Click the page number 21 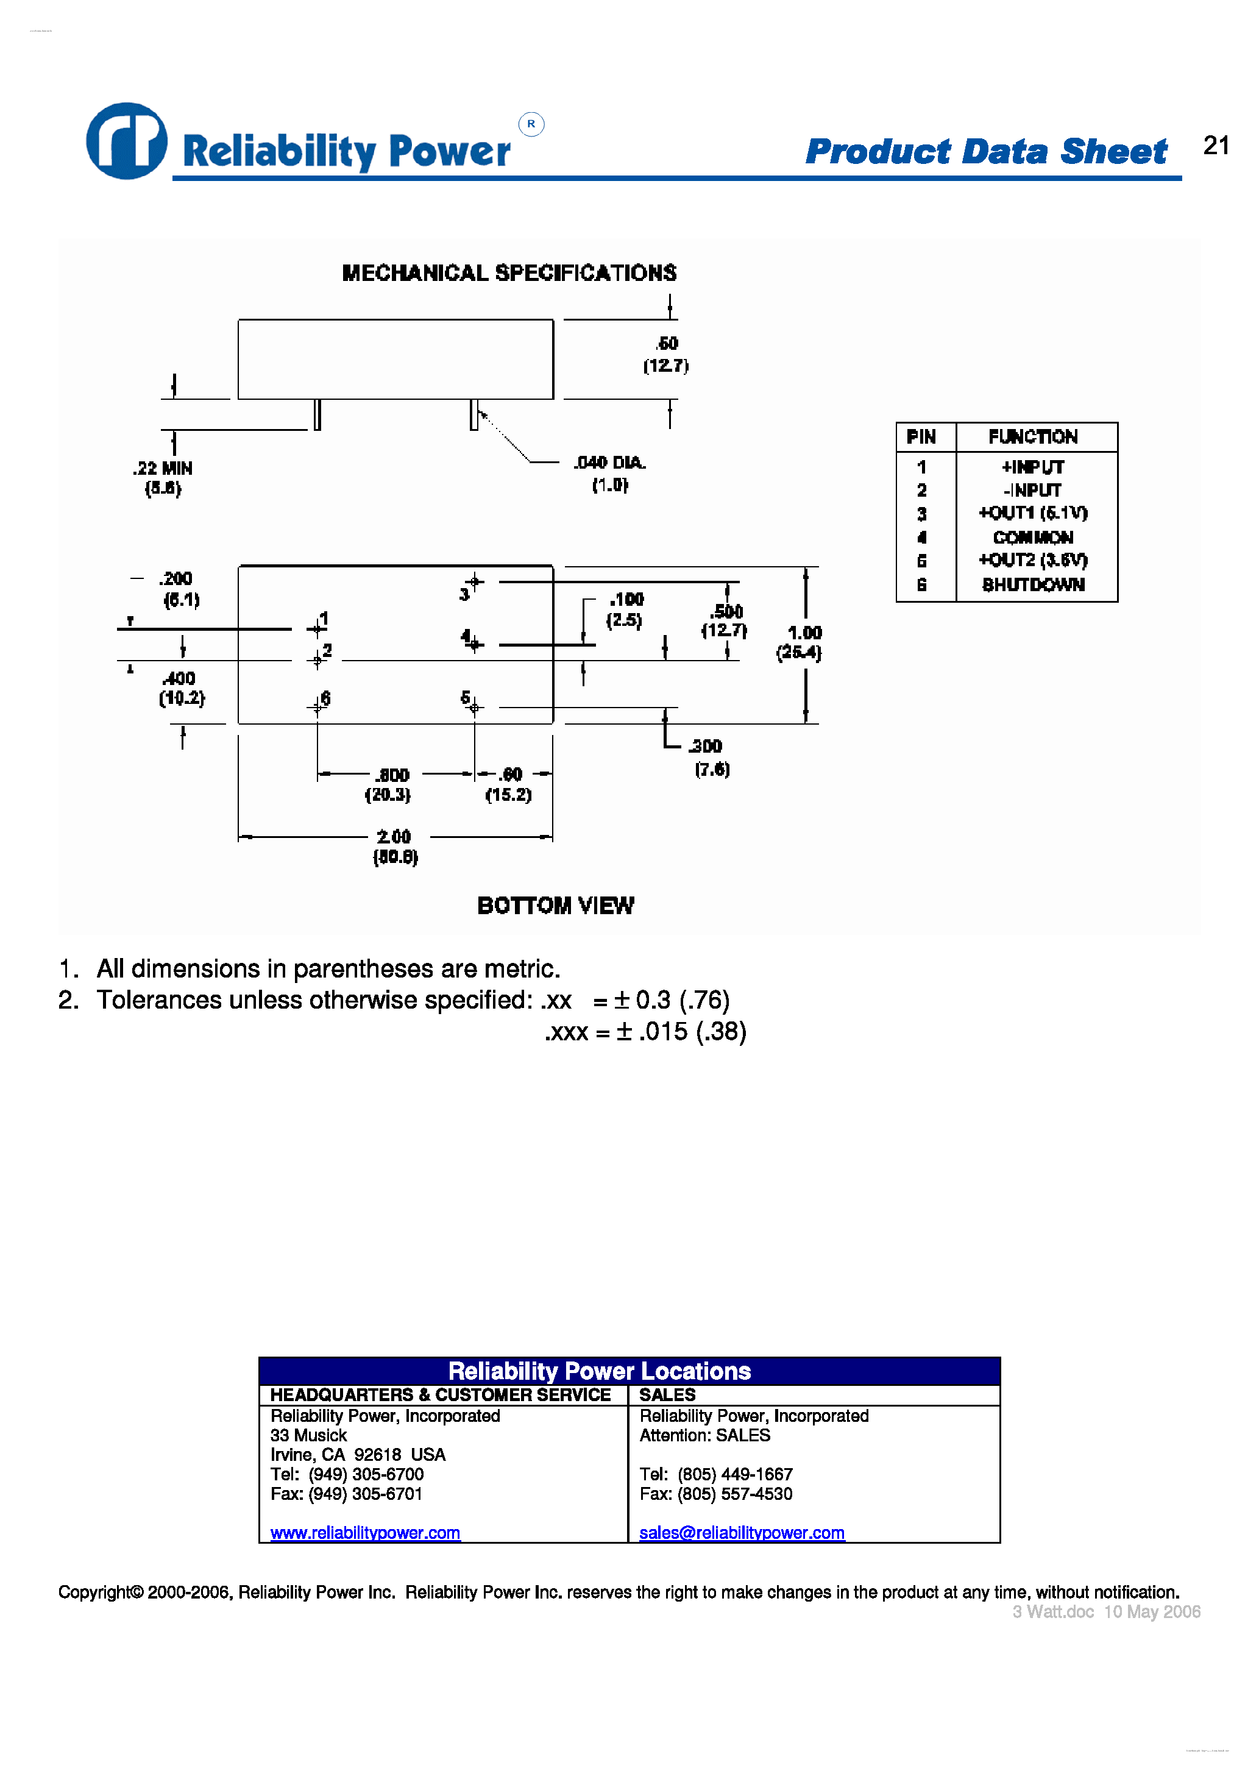pos(1216,145)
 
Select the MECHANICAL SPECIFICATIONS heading pos(509,273)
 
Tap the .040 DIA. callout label pos(609,463)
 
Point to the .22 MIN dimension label pos(162,469)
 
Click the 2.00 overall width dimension pos(394,837)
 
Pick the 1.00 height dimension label pos(804,633)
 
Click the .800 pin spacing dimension pos(392,775)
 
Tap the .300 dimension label pos(706,747)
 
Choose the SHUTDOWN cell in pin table pos(1033,585)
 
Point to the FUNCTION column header pos(1033,437)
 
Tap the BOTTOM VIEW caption pos(556,906)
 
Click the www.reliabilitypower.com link pos(365,1533)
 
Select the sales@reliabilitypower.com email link pos(741,1533)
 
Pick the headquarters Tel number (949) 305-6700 pos(366,1475)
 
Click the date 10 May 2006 pos(1152,1612)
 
